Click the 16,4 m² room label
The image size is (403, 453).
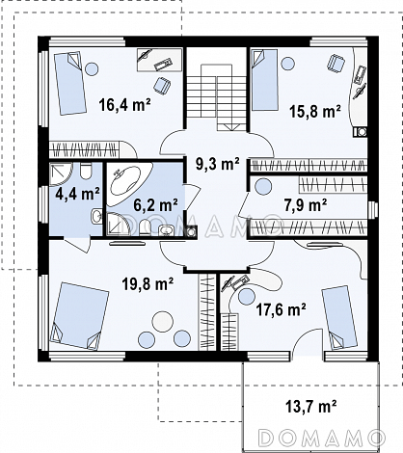pos(125,105)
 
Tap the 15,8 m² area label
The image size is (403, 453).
pos(315,112)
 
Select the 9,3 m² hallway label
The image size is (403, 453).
pos(218,164)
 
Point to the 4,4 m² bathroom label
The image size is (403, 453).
pos(77,194)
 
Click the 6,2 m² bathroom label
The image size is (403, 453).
pos(155,205)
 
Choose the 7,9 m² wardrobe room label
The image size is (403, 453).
pos(306,205)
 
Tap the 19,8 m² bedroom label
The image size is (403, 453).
pos(148,283)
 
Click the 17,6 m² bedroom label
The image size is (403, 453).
pos(281,309)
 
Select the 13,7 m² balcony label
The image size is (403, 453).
pos(310,407)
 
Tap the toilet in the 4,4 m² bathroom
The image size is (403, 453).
pos(86,172)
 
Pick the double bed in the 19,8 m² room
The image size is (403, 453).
pos(79,316)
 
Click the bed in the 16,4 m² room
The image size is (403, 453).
pos(70,83)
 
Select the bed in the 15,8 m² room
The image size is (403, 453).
pos(264,80)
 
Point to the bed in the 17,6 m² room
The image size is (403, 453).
pos(339,317)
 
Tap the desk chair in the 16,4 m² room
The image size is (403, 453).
pos(161,86)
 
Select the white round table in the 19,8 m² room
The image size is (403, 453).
pos(163,322)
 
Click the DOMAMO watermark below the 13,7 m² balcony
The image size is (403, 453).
pos(321,438)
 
